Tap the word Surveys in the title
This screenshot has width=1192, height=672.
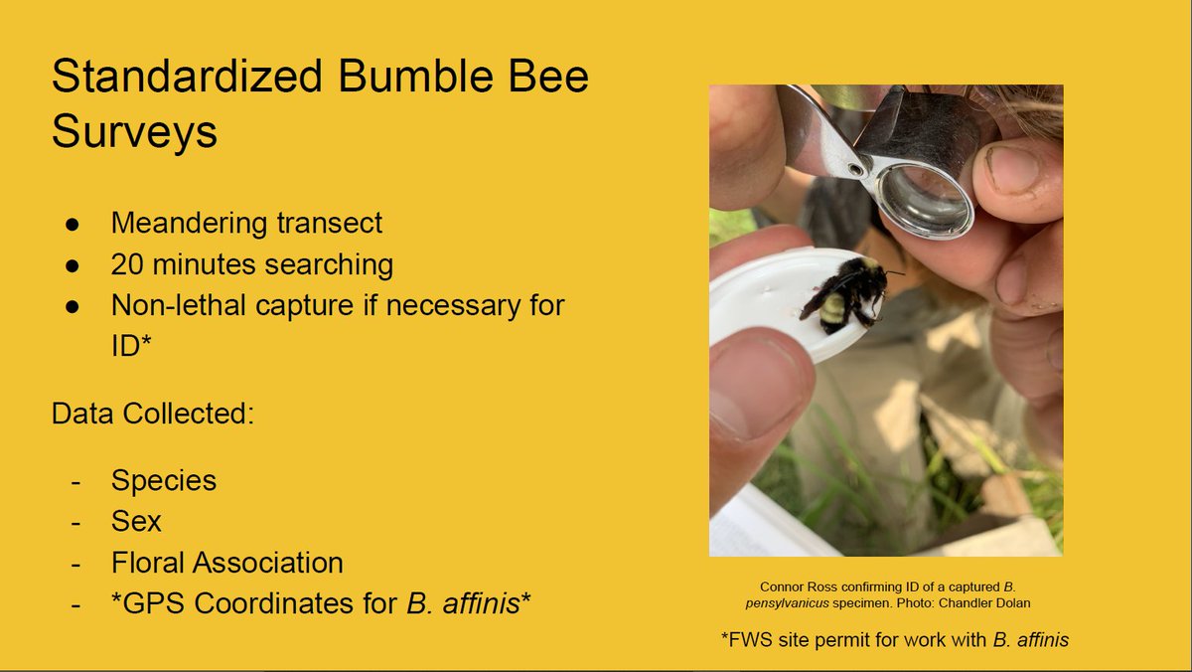click(x=134, y=133)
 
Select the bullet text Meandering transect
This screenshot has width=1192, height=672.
click(x=246, y=223)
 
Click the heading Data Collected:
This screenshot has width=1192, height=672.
click(x=153, y=413)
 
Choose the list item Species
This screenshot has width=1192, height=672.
click(x=163, y=480)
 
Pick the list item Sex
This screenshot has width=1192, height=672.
click(x=136, y=521)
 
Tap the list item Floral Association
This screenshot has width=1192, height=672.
click(x=226, y=563)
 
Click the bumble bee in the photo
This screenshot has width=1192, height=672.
click(x=849, y=293)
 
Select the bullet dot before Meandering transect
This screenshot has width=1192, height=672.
click(x=73, y=224)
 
